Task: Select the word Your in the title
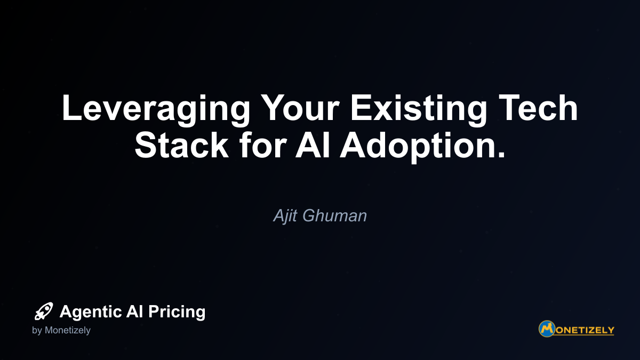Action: pos(300,107)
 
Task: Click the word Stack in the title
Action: pos(182,145)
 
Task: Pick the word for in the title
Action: pos(263,145)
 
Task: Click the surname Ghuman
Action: pos(334,215)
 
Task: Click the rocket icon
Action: pos(44,311)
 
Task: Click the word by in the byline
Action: pos(37,331)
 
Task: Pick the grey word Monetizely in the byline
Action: pos(68,331)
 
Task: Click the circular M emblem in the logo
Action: pos(547,329)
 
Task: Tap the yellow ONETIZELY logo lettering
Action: pos(585,331)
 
